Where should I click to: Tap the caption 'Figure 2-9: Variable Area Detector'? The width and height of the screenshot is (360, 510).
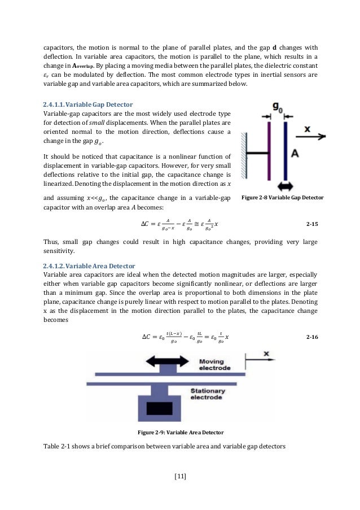click(181, 433)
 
